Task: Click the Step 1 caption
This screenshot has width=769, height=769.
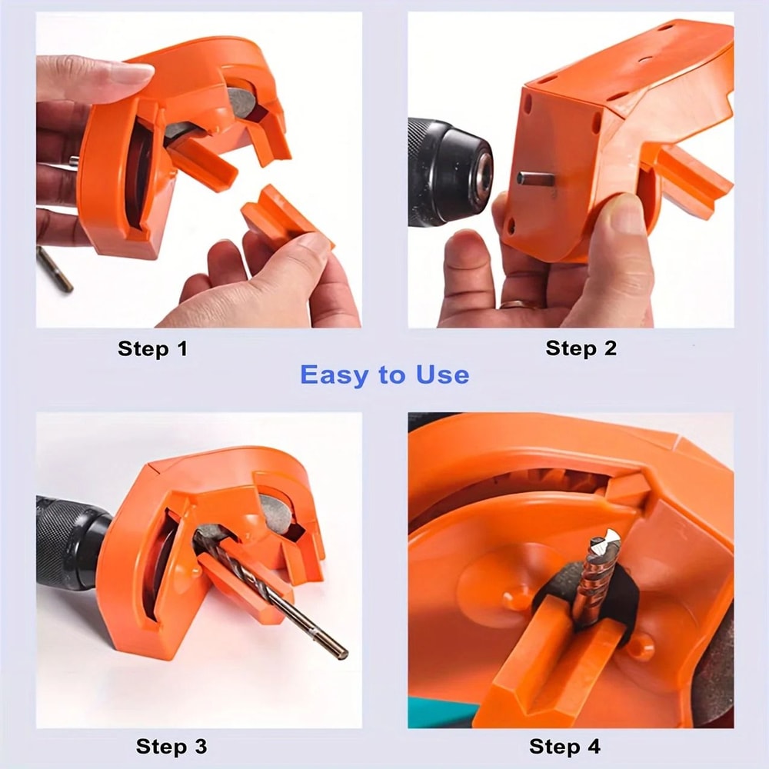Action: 152,348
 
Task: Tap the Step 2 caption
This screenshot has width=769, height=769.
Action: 581,348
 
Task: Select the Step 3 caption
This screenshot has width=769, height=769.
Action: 171,746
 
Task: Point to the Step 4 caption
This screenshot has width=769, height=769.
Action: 564,746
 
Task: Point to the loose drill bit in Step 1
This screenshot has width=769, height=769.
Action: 55,269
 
